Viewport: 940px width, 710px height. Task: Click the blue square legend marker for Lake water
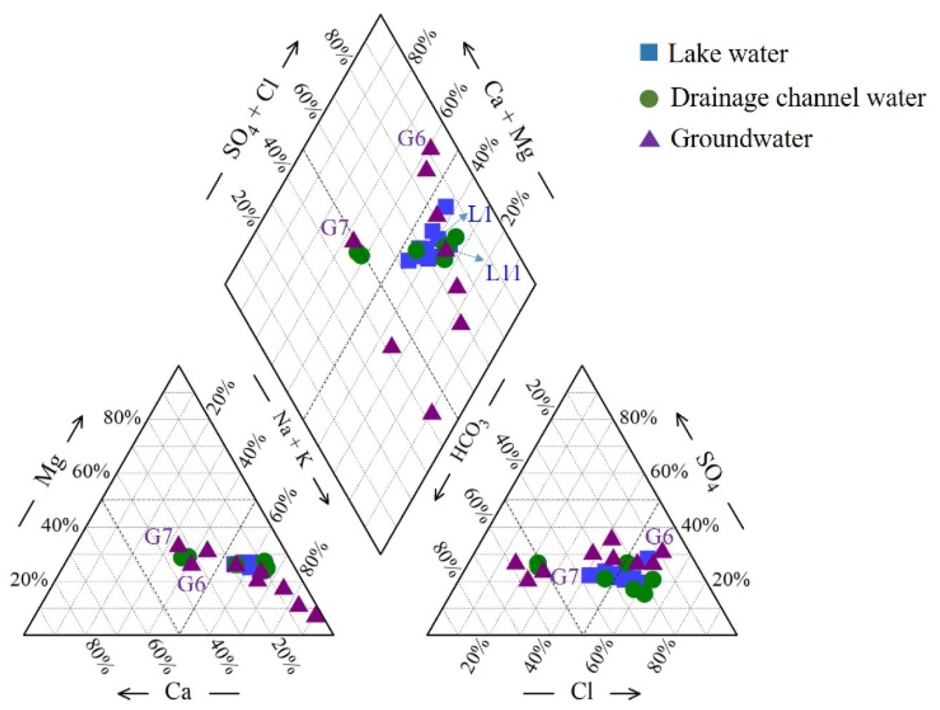tap(649, 53)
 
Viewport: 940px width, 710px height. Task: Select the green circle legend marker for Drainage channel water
tap(649, 98)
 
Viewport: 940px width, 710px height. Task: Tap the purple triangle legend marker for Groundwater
tap(649, 138)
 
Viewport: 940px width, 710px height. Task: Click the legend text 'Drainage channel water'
tap(798, 98)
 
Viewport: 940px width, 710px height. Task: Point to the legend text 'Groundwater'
tap(741, 138)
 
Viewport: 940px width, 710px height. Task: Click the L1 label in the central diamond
tap(480, 214)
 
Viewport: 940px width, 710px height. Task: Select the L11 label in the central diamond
tap(503, 272)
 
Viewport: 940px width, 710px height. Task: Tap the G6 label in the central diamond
tap(411, 138)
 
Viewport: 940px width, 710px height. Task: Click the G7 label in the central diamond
tap(335, 228)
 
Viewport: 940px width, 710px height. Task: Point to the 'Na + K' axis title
tap(291, 439)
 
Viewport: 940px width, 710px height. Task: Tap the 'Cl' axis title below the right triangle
tap(581, 692)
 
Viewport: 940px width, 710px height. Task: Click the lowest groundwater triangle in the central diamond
tap(432, 413)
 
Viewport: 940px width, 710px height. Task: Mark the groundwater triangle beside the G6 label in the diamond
tap(430, 147)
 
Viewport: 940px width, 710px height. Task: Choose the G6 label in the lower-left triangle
tap(192, 584)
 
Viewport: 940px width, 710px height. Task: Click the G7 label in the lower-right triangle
tap(565, 576)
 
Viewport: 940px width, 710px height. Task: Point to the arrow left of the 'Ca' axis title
tap(133, 693)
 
